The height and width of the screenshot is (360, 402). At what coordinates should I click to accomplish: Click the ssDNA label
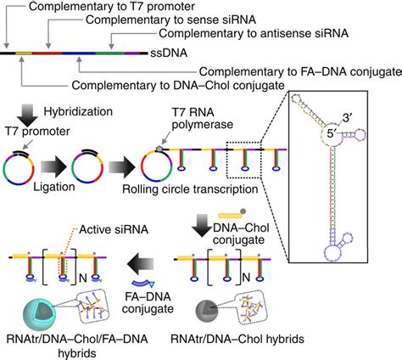click(169, 53)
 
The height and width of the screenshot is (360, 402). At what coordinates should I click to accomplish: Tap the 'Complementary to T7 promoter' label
click(112, 6)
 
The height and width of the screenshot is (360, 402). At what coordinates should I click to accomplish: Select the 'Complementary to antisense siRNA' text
click(254, 33)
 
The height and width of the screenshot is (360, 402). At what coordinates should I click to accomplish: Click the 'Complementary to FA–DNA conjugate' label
click(300, 72)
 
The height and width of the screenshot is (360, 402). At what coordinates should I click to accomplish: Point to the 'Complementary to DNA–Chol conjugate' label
click(178, 85)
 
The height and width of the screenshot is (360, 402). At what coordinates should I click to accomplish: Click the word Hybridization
click(78, 111)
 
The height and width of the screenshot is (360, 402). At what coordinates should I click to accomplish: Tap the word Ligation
click(54, 187)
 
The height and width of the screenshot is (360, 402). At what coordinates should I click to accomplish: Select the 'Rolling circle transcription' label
click(190, 189)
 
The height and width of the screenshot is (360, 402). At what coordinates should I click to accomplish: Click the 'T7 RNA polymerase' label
click(203, 118)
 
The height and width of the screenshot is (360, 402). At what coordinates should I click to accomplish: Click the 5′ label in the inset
click(333, 133)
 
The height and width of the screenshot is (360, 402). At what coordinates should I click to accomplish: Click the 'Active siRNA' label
click(114, 229)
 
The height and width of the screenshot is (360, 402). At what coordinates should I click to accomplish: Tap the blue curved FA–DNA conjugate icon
click(143, 282)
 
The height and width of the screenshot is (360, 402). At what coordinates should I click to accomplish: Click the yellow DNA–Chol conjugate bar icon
click(230, 216)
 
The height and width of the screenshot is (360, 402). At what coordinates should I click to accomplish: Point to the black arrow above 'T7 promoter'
click(30, 115)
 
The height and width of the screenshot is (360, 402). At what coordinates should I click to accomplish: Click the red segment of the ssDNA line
click(47, 53)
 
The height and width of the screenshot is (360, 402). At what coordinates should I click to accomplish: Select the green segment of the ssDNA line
click(110, 53)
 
